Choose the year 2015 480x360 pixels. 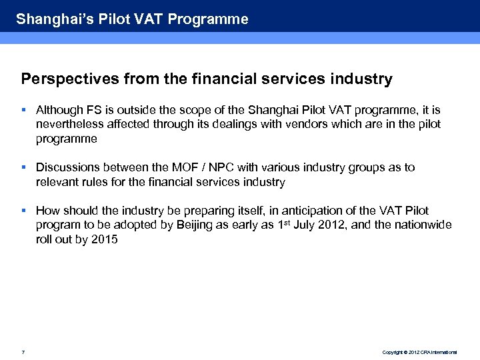click(105, 240)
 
